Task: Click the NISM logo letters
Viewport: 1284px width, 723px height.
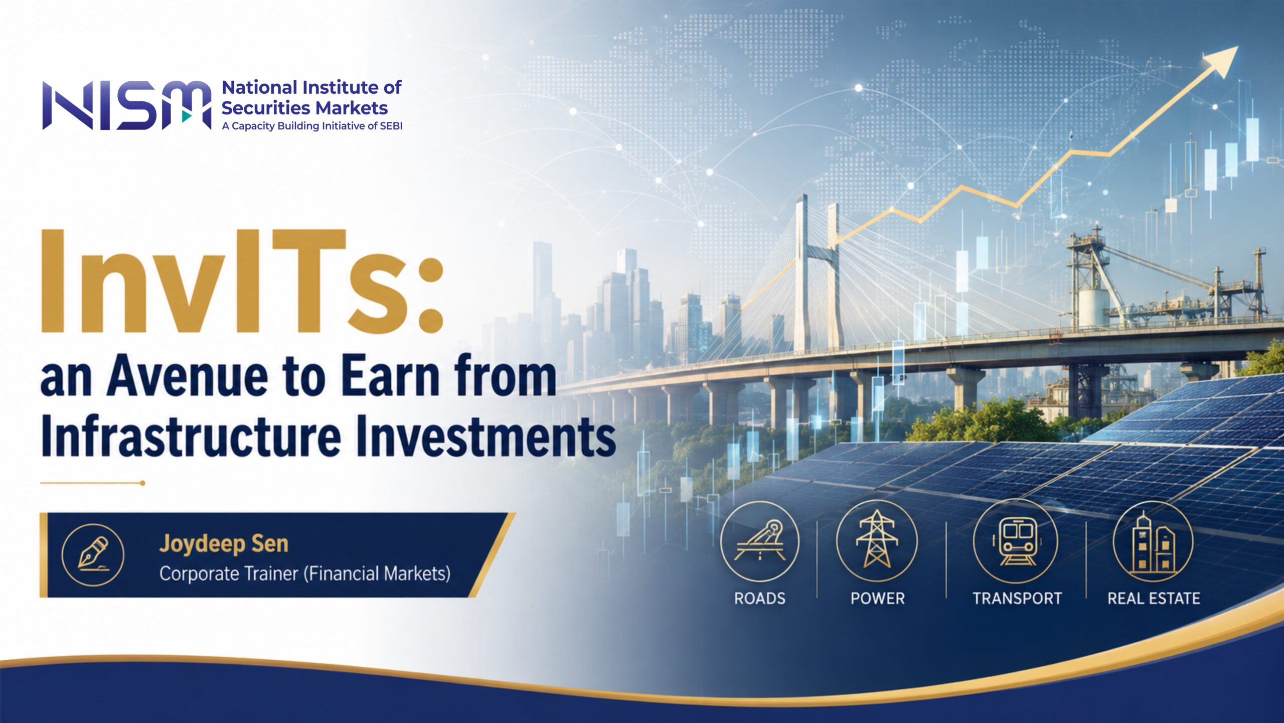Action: click(126, 105)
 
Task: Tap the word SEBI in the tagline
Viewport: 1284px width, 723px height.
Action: click(391, 126)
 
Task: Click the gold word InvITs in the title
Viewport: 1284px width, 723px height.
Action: click(242, 281)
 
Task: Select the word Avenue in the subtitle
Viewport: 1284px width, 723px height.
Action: click(188, 376)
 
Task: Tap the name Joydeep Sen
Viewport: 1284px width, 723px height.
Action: click(224, 544)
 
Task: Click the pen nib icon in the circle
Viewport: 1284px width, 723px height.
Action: click(93, 554)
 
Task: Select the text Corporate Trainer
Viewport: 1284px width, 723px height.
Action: click(229, 574)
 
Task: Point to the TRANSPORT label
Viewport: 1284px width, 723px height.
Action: click(1017, 599)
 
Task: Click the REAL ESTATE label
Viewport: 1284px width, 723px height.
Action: click(1154, 599)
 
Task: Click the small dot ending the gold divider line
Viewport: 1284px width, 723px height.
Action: click(142, 483)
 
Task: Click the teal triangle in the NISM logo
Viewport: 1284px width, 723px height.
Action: click(187, 116)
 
